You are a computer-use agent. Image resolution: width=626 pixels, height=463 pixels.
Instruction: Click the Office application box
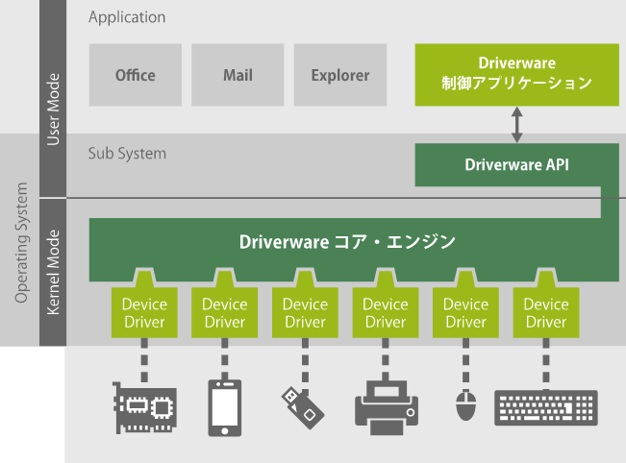click(x=135, y=75)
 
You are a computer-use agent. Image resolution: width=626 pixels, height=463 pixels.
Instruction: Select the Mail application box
click(x=238, y=75)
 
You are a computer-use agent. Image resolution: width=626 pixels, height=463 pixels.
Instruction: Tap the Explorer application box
click(x=339, y=75)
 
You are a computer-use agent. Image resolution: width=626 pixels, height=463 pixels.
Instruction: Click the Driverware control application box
click(x=516, y=74)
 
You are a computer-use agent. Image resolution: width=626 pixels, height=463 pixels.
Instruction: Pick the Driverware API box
click(x=516, y=164)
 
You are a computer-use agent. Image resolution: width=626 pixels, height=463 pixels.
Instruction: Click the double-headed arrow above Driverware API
click(x=516, y=125)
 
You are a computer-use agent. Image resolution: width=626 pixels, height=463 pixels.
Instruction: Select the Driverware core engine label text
click(x=347, y=242)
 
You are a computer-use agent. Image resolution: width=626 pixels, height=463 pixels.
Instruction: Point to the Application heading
click(x=127, y=17)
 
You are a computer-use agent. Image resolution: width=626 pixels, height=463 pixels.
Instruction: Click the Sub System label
click(x=127, y=153)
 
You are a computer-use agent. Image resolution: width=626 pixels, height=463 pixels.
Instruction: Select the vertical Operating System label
click(x=21, y=243)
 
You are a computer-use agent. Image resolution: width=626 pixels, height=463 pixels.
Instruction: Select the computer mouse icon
click(x=466, y=404)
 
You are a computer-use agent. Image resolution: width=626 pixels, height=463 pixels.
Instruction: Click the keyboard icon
click(x=545, y=407)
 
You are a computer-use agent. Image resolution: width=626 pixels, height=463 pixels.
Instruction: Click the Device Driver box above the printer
click(x=386, y=312)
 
